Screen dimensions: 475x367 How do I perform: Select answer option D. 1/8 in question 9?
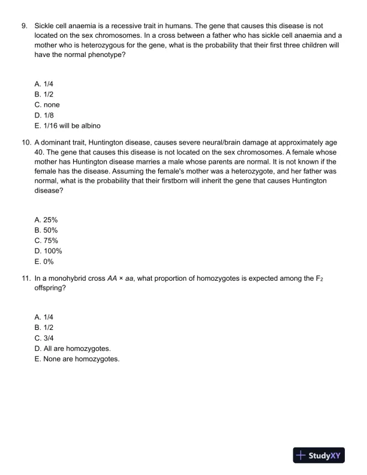point(45,115)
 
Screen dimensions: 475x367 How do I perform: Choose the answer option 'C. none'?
point(47,105)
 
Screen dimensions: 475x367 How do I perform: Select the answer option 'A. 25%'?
point(46,221)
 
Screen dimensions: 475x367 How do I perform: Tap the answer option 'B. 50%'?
point(46,231)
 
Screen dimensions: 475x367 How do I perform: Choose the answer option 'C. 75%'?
point(46,241)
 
